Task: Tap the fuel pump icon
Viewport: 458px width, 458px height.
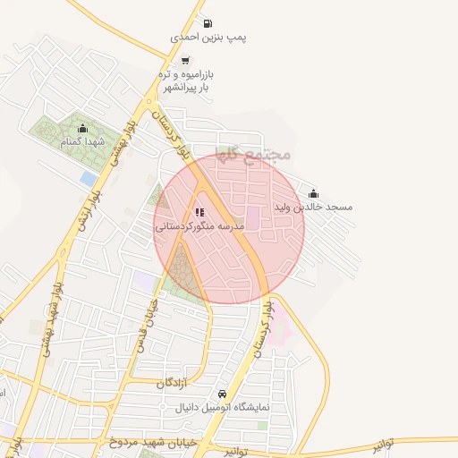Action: tap(208, 23)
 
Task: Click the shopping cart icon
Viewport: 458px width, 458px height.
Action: tap(184, 61)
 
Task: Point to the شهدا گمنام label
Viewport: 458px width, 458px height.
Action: tap(82, 142)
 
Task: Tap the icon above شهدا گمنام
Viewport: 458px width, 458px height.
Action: tap(83, 128)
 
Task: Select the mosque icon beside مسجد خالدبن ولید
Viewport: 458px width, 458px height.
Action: tap(313, 192)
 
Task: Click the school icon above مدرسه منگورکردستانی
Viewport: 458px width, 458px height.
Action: tap(199, 213)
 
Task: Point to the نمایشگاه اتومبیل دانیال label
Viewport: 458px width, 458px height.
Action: tap(221, 408)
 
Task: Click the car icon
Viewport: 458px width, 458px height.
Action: tap(222, 394)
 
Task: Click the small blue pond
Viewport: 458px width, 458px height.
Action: tap(88, 179)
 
